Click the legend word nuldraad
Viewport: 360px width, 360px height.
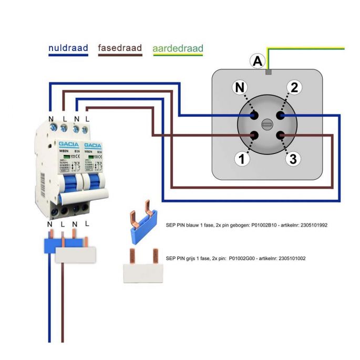tap(68, 48)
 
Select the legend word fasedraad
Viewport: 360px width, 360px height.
tap(120, 48)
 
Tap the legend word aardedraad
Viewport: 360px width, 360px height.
tap(178, 49)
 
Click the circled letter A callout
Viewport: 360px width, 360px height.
tap(257, 62)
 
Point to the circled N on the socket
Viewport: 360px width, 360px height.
tap(240, 88)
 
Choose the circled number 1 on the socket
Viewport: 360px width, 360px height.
tap(242, 159)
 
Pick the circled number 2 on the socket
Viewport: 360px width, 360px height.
tap(294, 88)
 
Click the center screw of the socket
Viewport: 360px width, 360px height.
tap(267, 125)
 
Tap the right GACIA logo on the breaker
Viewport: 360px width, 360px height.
tap(92, 145)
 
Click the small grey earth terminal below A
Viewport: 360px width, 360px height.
tap(268, 71)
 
